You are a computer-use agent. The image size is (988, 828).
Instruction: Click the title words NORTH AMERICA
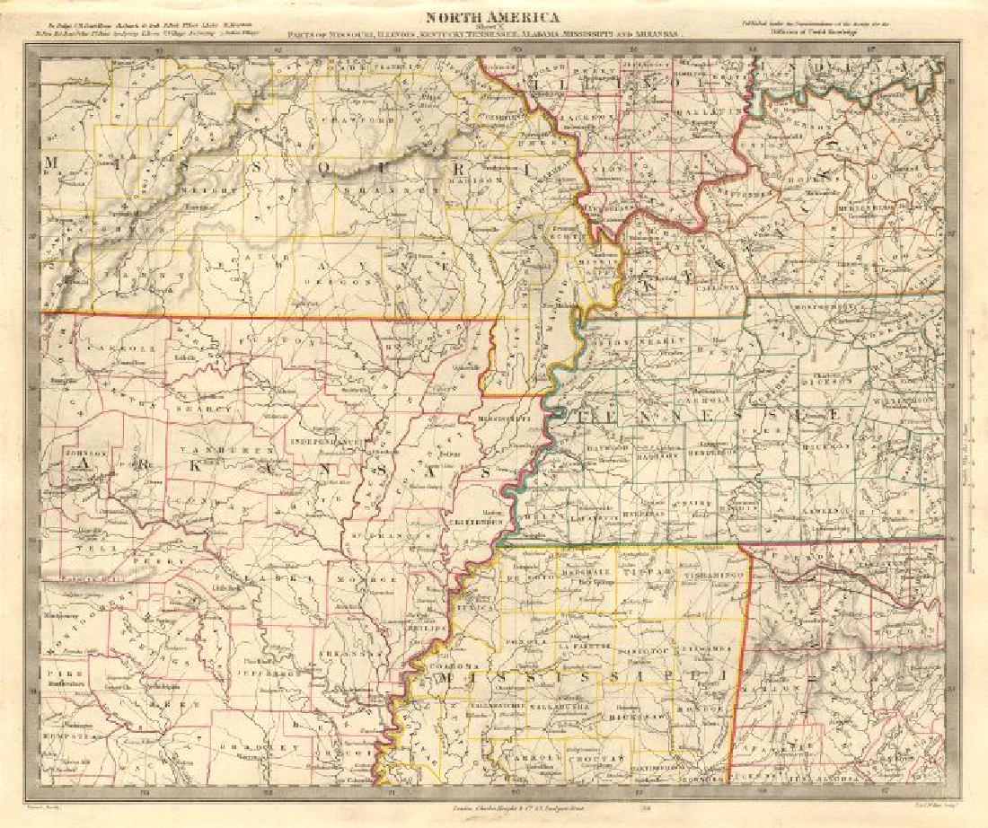(492, 17)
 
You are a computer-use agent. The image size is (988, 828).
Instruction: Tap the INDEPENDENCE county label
(326, 443)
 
